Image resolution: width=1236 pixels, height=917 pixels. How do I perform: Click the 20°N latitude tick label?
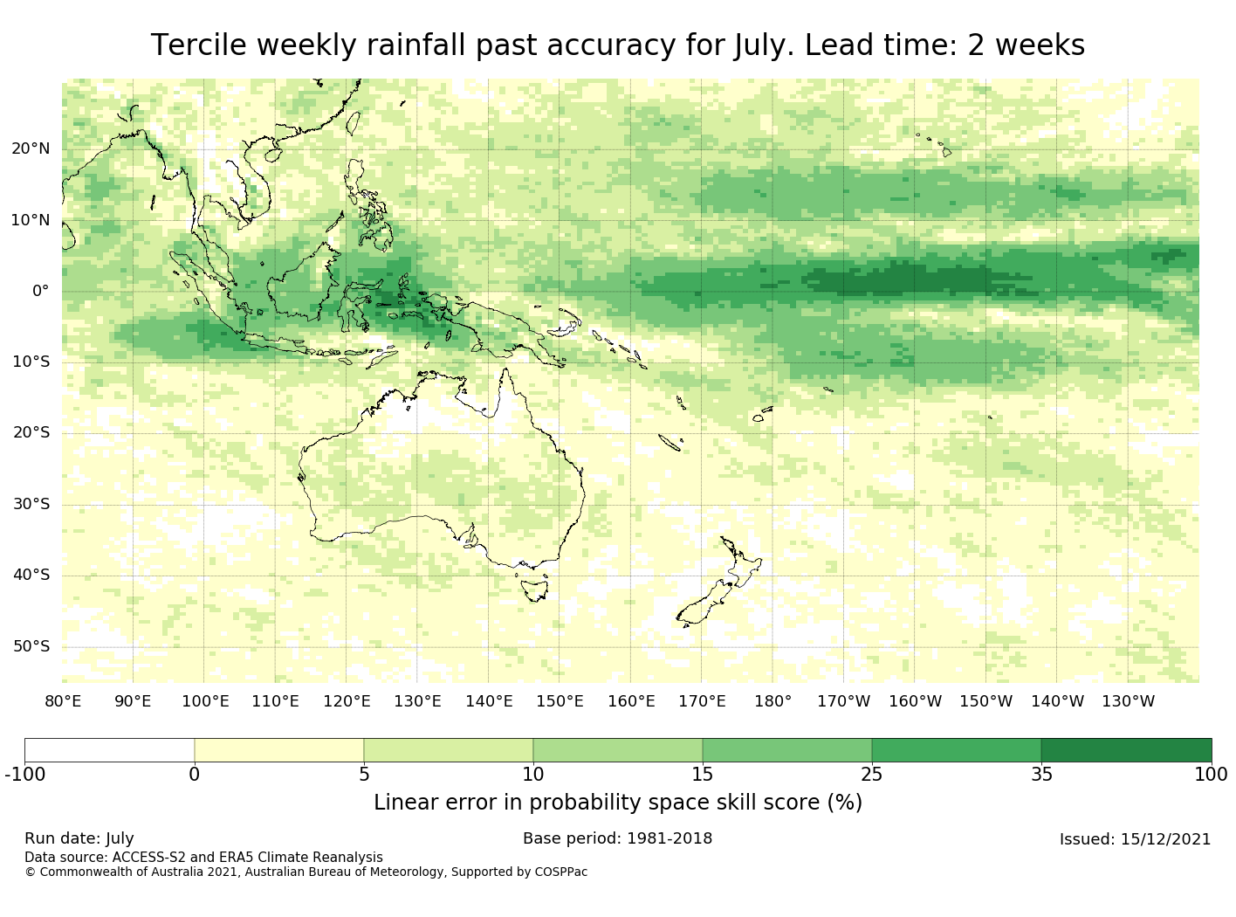31,148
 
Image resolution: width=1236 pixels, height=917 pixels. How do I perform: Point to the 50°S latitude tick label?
31,646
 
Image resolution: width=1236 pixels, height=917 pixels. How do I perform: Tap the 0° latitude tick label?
41,291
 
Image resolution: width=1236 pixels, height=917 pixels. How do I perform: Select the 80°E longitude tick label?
63,701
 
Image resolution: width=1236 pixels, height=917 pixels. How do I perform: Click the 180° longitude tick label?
772,701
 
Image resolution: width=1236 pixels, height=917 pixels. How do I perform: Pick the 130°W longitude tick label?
1129,701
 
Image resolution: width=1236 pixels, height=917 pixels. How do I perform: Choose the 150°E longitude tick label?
560,701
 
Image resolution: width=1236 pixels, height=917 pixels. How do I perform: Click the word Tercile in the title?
198,45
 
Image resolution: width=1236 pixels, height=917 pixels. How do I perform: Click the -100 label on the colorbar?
25,774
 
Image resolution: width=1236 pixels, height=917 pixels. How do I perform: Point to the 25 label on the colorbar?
872,774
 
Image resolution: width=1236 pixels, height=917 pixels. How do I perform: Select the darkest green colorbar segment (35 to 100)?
1126,749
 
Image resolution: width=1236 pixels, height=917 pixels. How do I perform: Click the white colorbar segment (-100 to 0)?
109,749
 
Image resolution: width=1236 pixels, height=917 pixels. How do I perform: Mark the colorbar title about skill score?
618,803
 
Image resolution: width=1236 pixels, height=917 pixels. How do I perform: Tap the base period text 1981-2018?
669,838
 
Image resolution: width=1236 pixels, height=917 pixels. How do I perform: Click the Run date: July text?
79,839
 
